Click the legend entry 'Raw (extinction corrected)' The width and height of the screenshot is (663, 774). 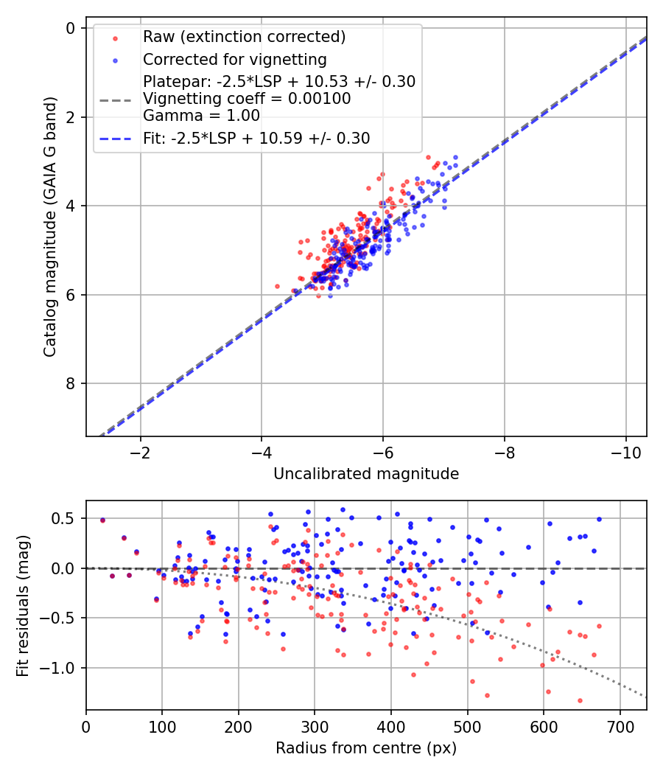click(234, 37)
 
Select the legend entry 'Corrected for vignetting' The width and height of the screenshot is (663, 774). click(234, 59)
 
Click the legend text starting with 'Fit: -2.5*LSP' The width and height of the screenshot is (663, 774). click(256, 138)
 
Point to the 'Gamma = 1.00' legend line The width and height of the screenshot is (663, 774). click(201, 115)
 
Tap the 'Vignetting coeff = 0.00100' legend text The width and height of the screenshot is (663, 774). click(247, 98)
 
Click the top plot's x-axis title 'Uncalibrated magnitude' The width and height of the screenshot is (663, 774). click(366, 474)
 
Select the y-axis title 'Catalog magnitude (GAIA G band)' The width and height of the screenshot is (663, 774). click(49, 231)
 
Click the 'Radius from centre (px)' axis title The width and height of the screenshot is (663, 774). click(366, 748)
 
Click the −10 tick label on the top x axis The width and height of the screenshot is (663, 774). click(625, 452)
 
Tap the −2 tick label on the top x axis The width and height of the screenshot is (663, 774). click(140, 452)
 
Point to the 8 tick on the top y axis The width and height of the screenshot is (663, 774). click(71, 383)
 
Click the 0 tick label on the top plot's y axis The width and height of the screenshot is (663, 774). click(71, 28)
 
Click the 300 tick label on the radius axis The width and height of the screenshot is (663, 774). click(315, 726)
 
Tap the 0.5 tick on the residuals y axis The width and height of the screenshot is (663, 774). click(67, 518)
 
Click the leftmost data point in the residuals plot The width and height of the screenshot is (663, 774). click(102, 520)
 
